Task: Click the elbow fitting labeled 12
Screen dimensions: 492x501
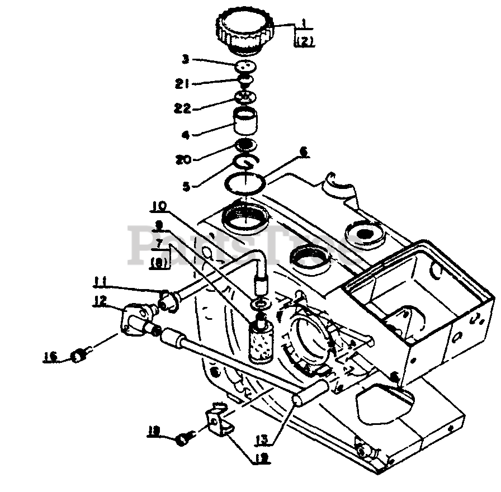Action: coord(136,319)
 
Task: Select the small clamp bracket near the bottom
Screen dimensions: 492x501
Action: coord(218,422)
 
